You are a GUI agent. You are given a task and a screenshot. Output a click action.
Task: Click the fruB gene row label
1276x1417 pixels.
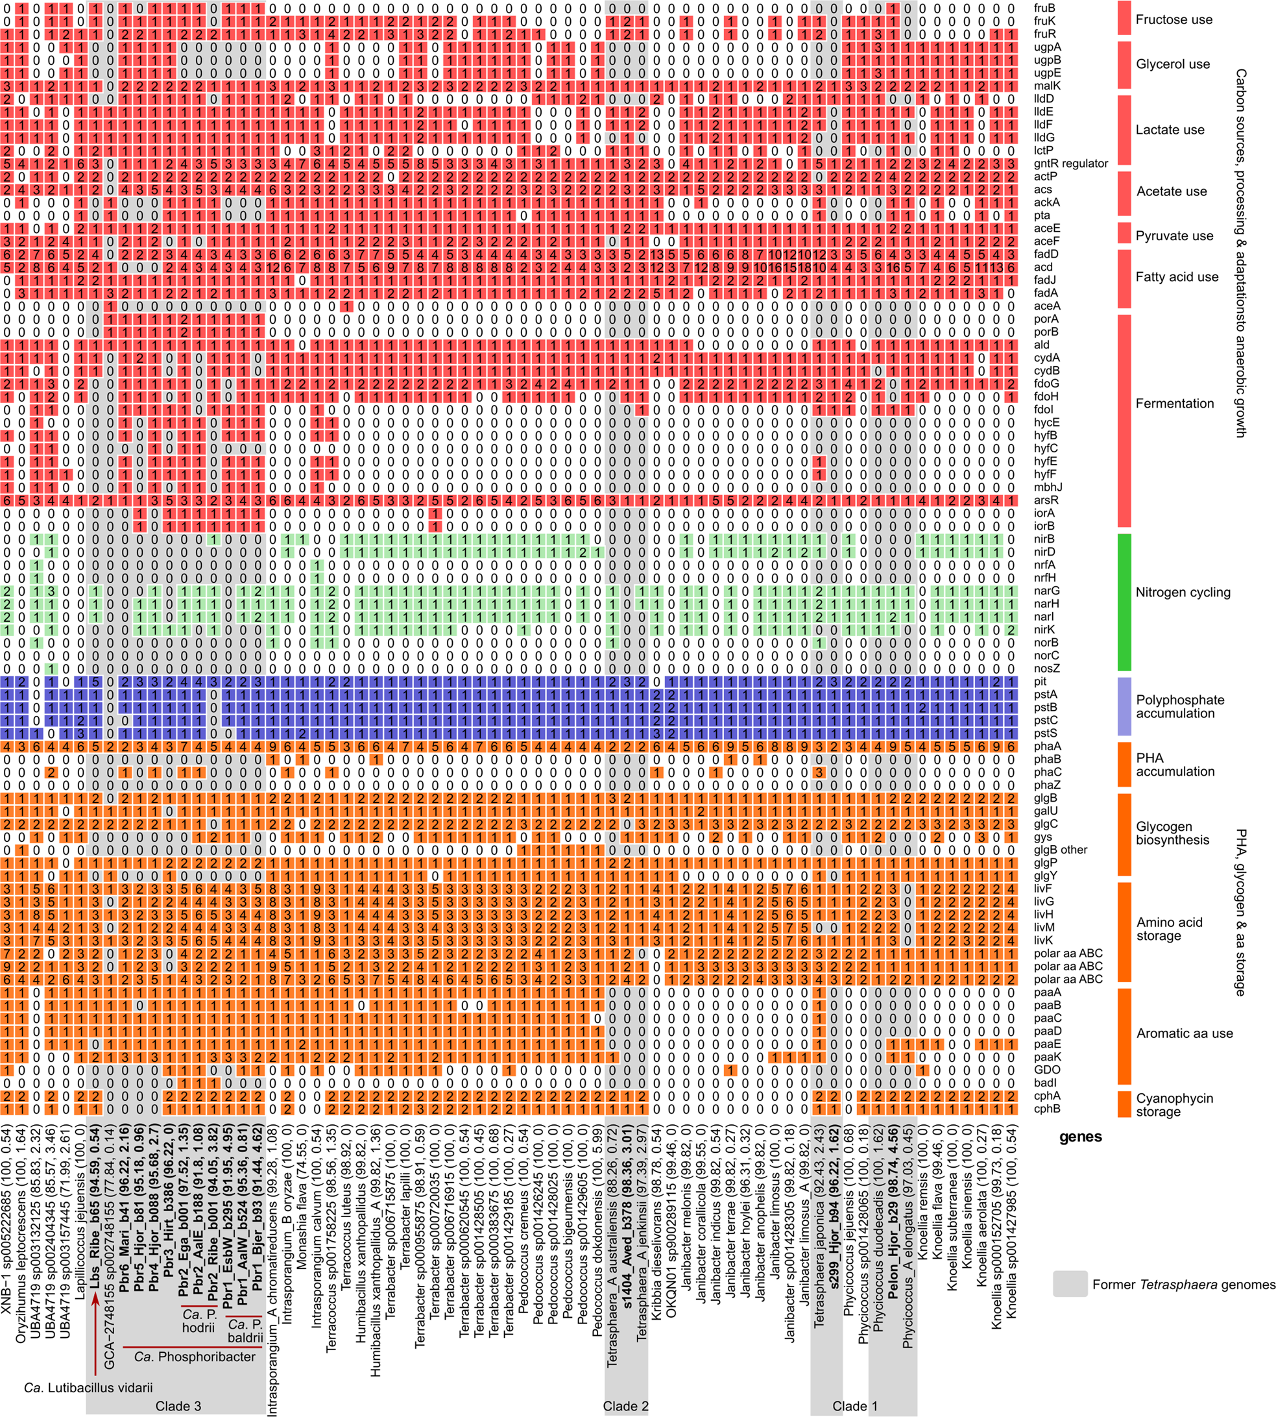tap(1044, 8)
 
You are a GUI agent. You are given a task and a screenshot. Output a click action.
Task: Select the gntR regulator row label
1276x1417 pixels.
tap(1070, 164)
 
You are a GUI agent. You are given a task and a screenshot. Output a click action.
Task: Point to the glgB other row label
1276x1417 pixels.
tap(1060, 850)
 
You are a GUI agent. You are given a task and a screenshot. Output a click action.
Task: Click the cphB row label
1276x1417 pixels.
tap(1046, 1108)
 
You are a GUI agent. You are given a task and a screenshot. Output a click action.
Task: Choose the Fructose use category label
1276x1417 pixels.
tap(1174, 19)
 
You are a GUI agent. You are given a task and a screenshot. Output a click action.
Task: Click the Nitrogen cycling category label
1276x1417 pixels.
tap(1183, 592)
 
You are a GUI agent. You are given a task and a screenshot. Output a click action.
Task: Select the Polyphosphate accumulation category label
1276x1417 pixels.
tap(1180, 706)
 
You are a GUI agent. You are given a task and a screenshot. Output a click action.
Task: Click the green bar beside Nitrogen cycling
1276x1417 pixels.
tap(1124, 602)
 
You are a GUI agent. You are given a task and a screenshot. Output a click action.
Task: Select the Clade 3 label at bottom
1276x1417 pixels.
tap(178, 1406)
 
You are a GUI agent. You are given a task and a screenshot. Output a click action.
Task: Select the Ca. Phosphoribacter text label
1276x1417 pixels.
tap(195, 1357)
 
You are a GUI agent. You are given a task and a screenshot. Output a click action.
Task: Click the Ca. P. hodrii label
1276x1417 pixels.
tap(199, 1320)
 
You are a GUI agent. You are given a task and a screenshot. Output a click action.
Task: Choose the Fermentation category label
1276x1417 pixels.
tap(1174, 403)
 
